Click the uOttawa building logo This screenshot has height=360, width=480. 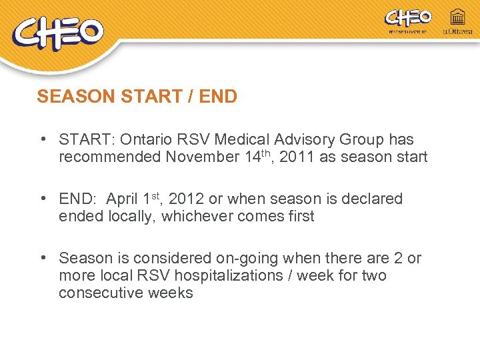(x=457, y=21)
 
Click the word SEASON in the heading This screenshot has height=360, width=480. (x=76, y=97)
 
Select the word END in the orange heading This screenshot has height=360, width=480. (x=218, y=97)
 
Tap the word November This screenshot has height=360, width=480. (x=199, y=157)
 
